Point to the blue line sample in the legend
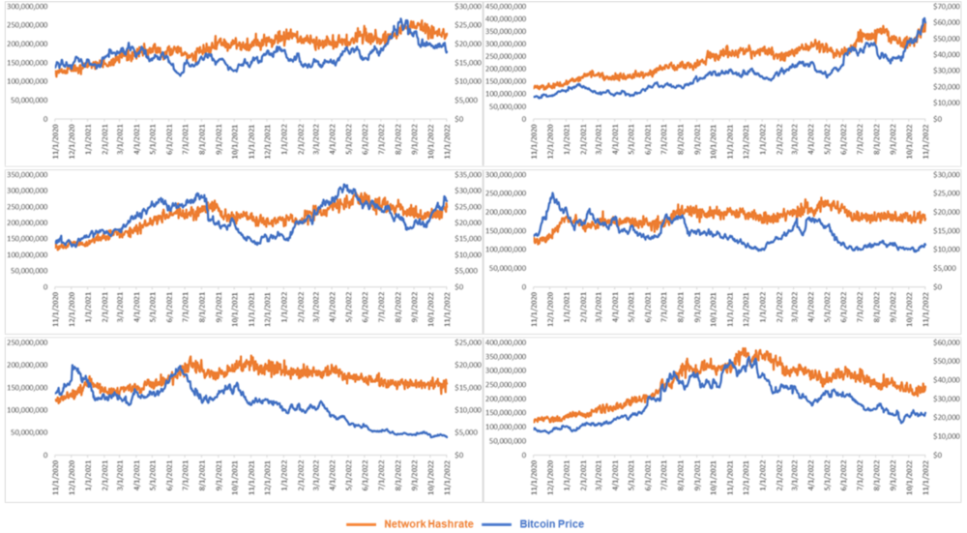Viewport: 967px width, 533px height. (x=494, y=524)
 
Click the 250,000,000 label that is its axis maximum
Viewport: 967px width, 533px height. (x=26, y=342)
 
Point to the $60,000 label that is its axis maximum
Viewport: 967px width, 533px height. (x=946, y=342)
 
